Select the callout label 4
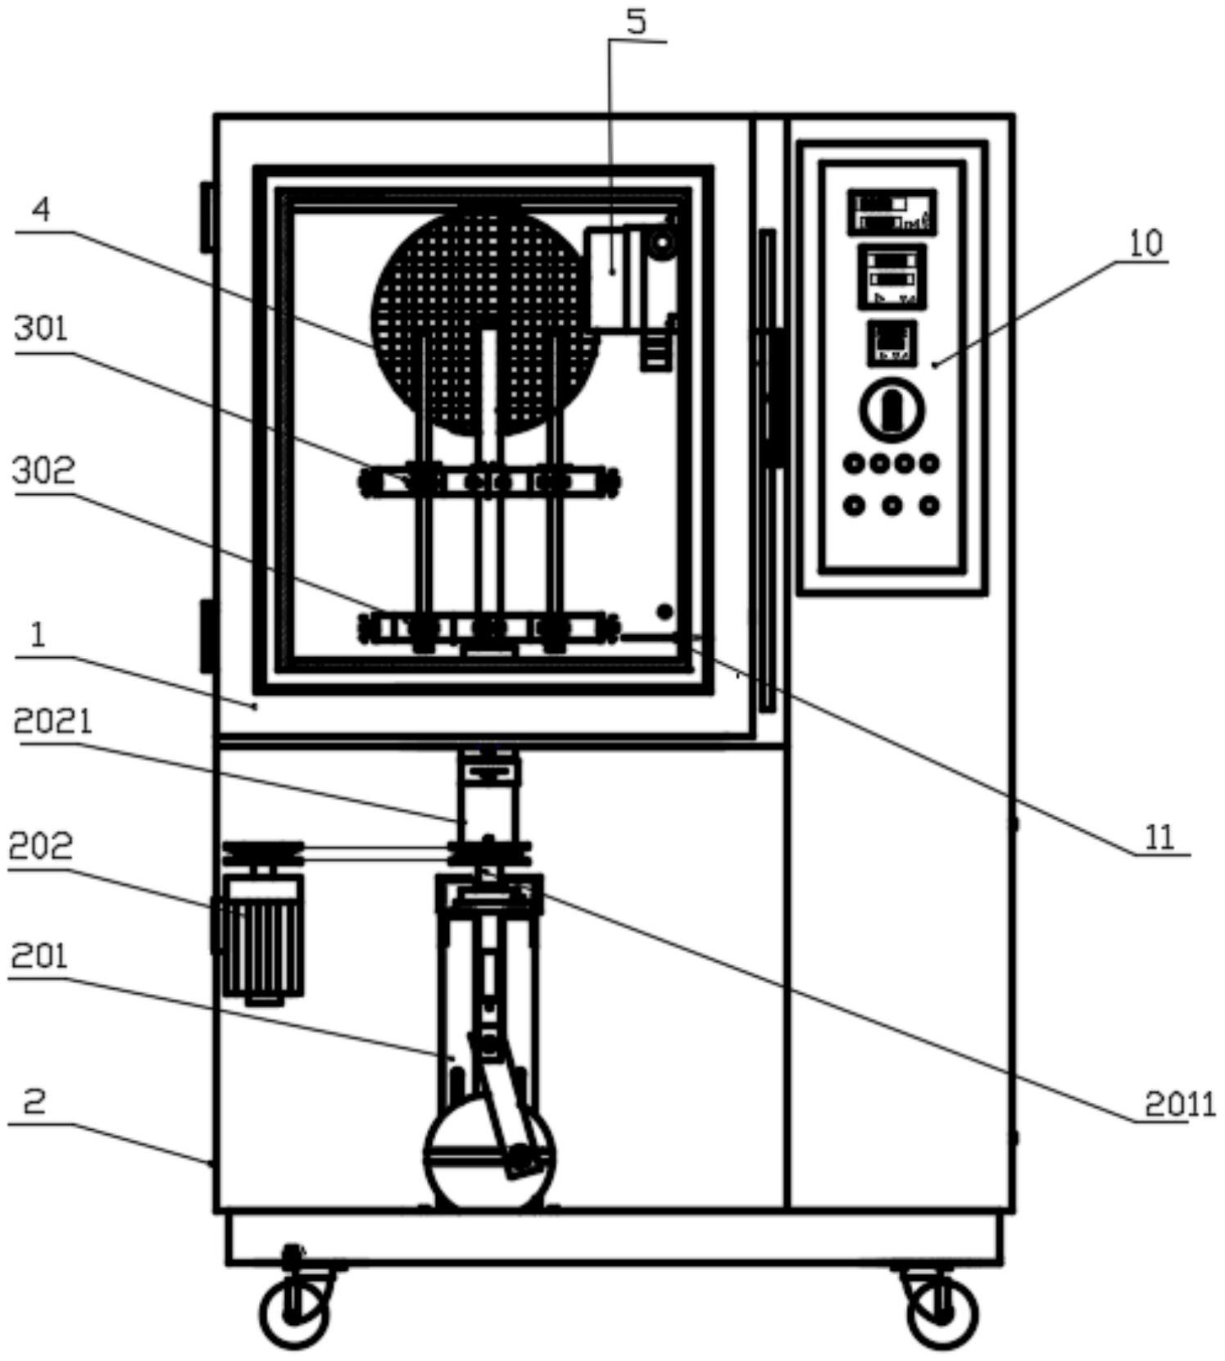point(41,211)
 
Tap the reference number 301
point(42,329)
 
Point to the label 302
point(44,470)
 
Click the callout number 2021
point(53,722)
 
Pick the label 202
point(40,846)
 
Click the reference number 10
point(1146,243)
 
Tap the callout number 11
point(1159,837)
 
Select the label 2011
point(1179,1105)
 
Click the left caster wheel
point(294,1313)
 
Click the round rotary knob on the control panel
point(892,410)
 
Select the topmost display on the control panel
point(892,212)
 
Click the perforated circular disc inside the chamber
point(485,320)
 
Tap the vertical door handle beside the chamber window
point(767,470)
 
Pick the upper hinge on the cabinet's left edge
point(207,216)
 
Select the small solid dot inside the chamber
point(665,611)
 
